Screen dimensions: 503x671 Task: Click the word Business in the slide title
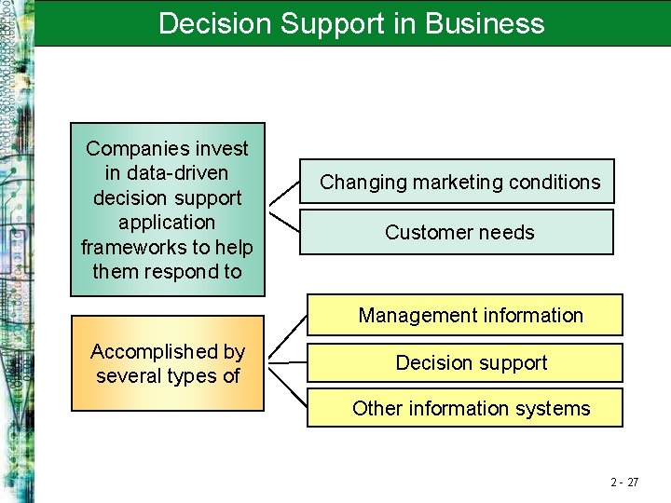point(485,22)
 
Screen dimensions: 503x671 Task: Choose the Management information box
point(470,315)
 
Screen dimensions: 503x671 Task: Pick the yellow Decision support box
point(471,362)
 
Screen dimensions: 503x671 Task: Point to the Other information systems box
point(470,408)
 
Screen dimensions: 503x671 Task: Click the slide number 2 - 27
point(624,482)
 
